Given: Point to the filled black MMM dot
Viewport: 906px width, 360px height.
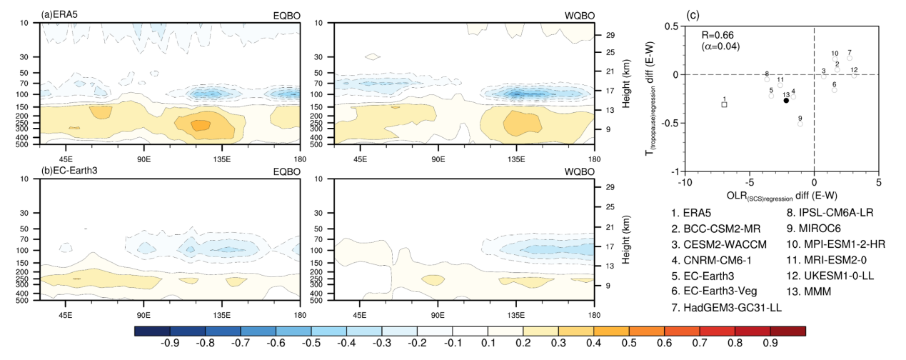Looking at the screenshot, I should [786, 101].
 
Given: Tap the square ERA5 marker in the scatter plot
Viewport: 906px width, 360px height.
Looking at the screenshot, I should [724, 104].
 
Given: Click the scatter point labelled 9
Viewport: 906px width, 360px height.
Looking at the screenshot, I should [800, 124].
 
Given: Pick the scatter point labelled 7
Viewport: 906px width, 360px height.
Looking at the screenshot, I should [850, 59].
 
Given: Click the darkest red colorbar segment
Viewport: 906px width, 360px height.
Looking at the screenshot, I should [788, 331].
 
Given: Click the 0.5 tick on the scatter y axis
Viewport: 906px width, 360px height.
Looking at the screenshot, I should [670, 26].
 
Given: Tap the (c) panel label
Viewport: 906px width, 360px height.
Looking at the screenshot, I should [691, 14].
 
